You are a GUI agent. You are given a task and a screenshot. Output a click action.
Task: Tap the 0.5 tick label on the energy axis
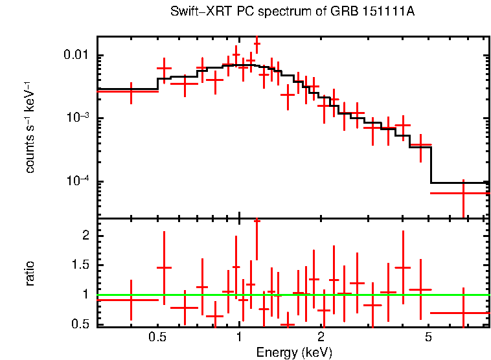point(157,337)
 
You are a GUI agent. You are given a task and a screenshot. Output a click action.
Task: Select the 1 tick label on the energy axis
point(239,337)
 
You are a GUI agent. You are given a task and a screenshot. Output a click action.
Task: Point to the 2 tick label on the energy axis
point(321,337)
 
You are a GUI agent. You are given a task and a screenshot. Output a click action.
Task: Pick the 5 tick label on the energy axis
point(429,337)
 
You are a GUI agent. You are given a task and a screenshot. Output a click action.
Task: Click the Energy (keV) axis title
point(293,352)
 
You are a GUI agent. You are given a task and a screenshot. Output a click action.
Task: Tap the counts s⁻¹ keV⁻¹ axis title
point(30,127)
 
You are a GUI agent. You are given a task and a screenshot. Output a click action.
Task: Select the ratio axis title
point(30,274)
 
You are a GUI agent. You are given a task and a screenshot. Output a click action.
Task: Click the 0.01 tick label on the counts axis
point(77,56)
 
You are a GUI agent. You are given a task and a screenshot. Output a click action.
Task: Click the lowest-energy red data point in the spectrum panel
point(131,92)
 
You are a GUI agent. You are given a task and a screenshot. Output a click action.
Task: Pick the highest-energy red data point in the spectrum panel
point(464,193)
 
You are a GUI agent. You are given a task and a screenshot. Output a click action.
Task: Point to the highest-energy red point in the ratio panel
point(464,313)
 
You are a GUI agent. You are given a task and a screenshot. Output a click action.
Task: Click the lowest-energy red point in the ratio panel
point(131,300)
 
